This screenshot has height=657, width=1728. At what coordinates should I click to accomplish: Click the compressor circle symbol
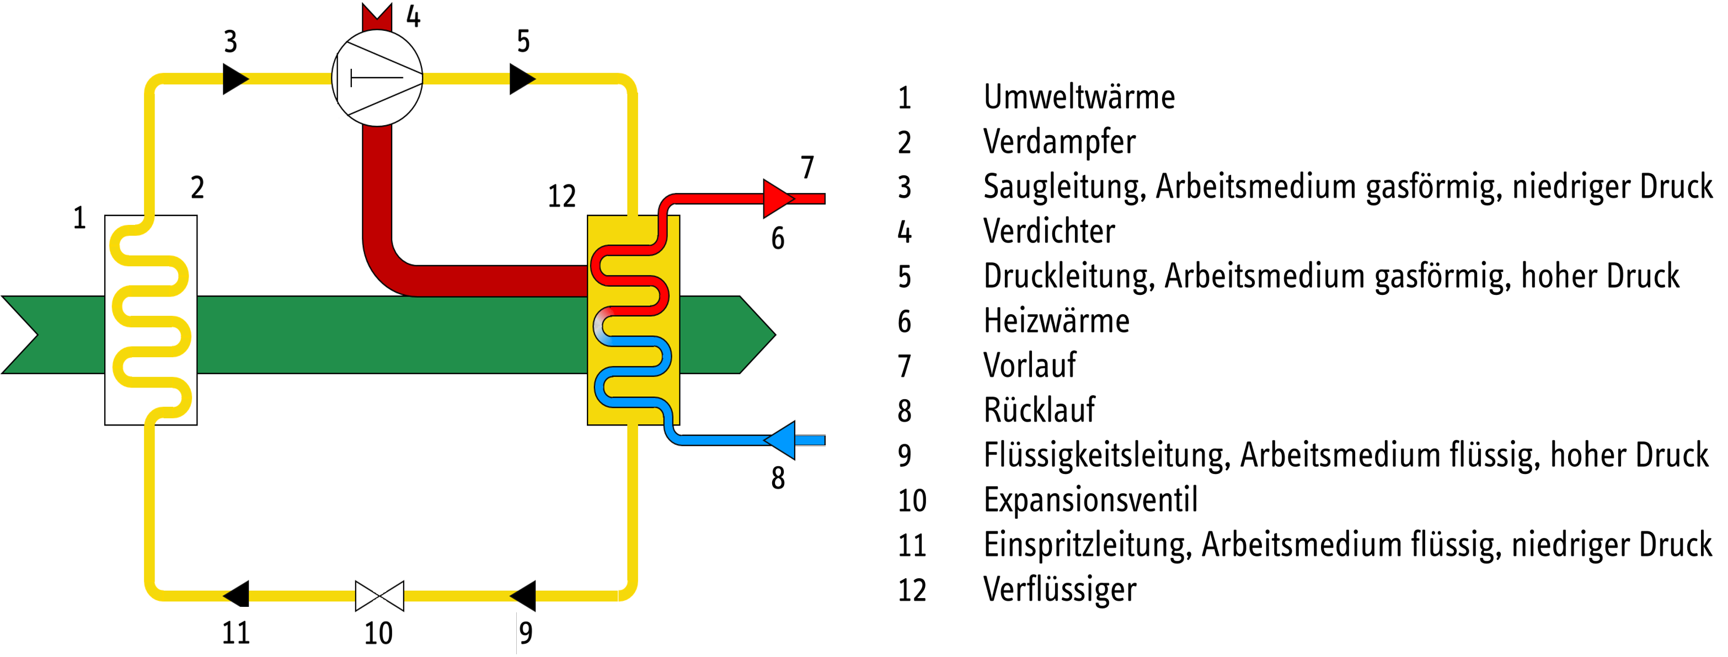pyautogui.click(x=377, y=78)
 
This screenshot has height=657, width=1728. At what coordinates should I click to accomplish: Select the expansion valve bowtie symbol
pyautogui.click(x=379, y=595)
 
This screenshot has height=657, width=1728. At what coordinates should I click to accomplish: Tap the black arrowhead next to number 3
pyautogui.click(x=235, y=78)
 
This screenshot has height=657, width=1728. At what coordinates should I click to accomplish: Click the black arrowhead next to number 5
pyautogui.click(x=521, y=78)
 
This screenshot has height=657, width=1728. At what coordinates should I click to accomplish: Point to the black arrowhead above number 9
pyautogui.click(x=524, y=595)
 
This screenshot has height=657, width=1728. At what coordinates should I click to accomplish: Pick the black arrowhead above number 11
pyautogui.click(x=237, y=594)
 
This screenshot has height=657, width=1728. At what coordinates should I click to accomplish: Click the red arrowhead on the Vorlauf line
pyautogui.click(x=777, y=198)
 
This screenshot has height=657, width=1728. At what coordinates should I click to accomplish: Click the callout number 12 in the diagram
pyautogui.click(x=561, y=196)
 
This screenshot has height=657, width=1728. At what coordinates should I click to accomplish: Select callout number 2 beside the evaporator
pyautogui.click(x=197, y=188)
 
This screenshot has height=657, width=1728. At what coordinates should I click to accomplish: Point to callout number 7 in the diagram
pyautogui.click(x=807, y=168)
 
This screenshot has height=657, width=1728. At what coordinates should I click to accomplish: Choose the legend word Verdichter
pyautogui.click(x=1048, y=232)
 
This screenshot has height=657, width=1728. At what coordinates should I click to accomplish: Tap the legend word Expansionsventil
pyautogui.click(x=1090, y=500)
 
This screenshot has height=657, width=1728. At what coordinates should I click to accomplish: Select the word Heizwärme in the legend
pyautogui.click(x=1056, y=321)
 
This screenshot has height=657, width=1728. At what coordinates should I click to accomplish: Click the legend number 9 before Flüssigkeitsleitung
pyautogui.click(x=904, y=456)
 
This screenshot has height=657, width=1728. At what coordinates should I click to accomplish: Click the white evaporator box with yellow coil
pyautogui.click(x=151, y=320)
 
